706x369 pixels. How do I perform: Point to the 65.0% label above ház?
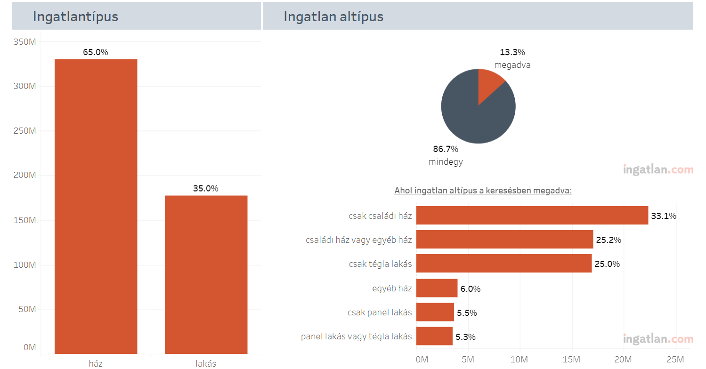(96, 52)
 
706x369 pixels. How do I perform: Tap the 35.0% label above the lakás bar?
(206, 189)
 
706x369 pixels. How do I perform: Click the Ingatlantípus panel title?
(75, 16)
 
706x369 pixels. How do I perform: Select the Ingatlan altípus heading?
(333, 16)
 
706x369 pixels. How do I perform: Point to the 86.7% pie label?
(446, 149)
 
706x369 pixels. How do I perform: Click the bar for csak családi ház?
(532, 216)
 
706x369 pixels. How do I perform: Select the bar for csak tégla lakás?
(503, 264)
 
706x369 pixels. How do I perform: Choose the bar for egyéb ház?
(437, 288)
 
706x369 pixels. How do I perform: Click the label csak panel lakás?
(380, 313)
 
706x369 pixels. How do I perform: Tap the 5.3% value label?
(465, 337)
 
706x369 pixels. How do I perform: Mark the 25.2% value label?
(609, 240)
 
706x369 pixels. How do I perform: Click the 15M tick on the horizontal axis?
(571, 360)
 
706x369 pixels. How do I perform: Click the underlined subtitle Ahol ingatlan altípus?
(483, 191)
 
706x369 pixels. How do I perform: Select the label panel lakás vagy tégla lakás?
(357, 337)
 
